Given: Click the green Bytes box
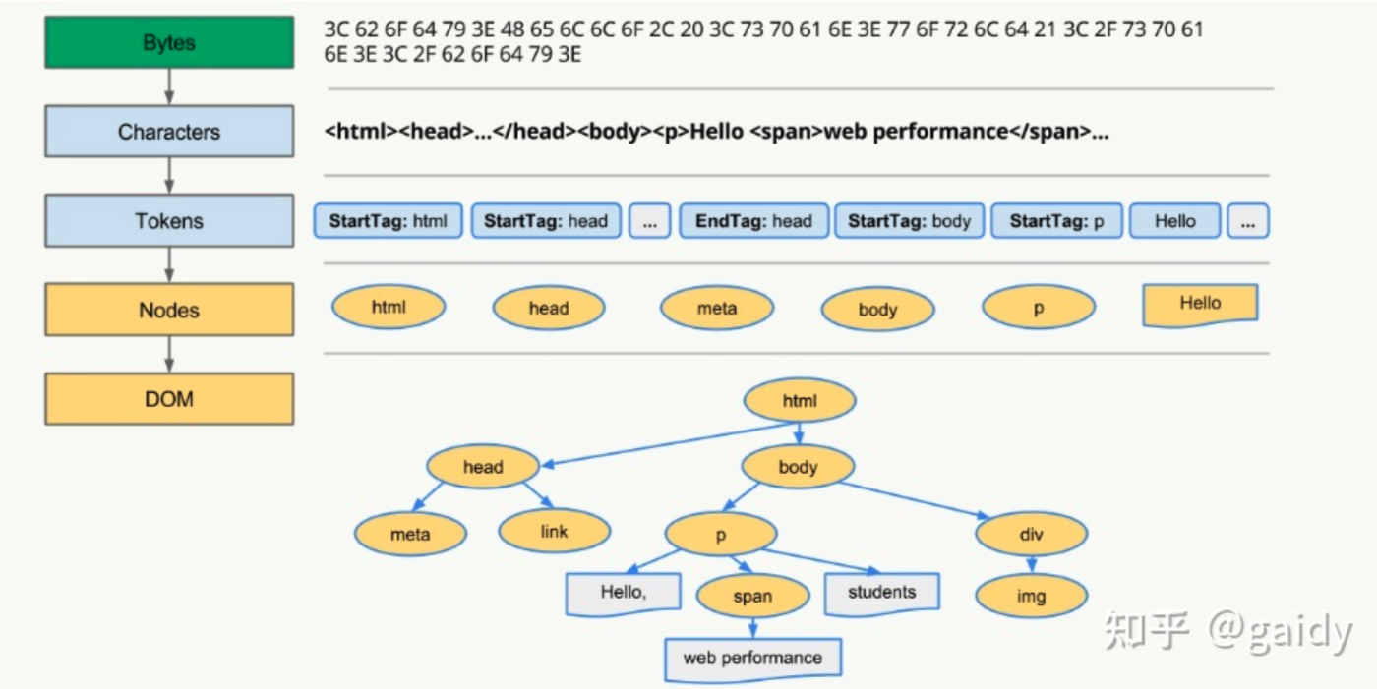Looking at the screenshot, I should click(169, 43).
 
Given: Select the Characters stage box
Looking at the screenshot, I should click(169, 132).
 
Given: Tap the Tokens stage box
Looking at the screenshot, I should click(169, 221).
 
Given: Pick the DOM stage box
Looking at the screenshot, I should click(169, 399).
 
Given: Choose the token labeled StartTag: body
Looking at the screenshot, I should click(909, 221).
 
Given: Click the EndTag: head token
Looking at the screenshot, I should click(753, 221).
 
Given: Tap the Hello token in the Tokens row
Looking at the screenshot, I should click(1174, 221).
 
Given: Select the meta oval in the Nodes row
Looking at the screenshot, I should click(717, 309).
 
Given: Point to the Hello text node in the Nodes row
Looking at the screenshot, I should click(1200, 305).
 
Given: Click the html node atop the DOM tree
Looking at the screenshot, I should click(800, 401).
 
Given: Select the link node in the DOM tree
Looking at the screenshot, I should click(554, 532).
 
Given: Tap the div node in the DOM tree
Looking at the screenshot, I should click(1032, 535).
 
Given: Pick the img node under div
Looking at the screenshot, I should click(1032, 597).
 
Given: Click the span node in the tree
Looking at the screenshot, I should click(752, 596).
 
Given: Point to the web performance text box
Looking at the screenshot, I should click(752, 658).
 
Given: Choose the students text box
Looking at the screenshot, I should click(881, 593).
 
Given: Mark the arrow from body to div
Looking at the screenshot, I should click(915, 499).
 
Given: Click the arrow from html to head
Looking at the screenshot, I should click(669, 443).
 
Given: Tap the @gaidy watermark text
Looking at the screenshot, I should click(1280, 631).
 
